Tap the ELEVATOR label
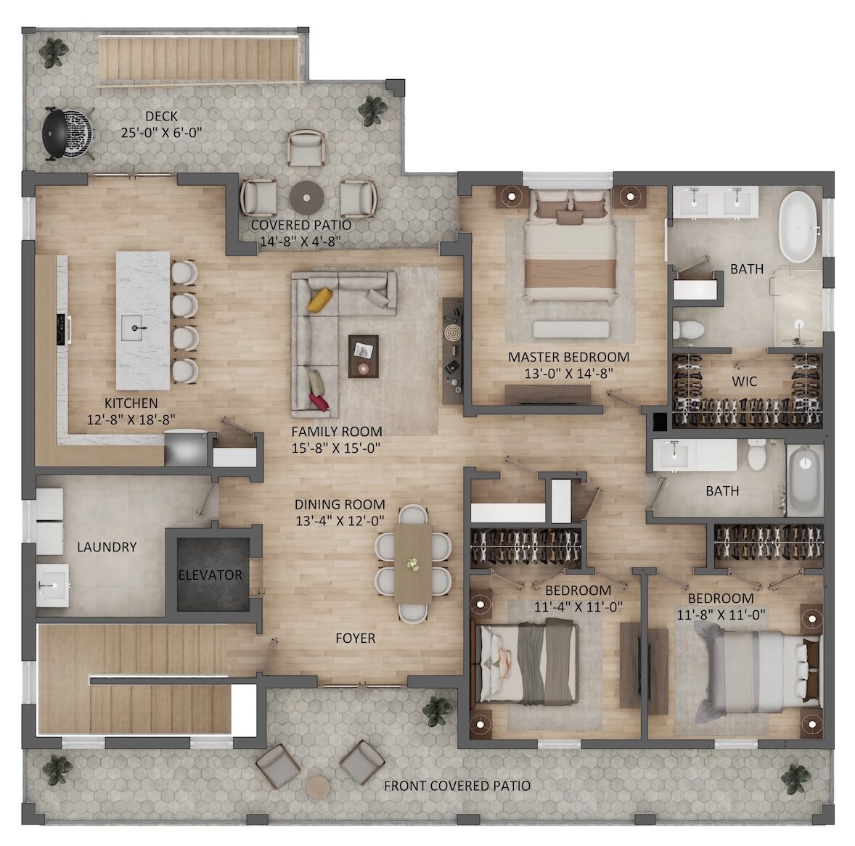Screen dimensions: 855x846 click(x=210, y=575)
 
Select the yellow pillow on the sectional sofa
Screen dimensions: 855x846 click(x=320, y=299)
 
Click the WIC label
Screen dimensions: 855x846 click(x=744, y=381)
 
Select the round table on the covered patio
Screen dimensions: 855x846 click(x=308, y=198)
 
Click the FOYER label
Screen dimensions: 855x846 click(x=356, y=638)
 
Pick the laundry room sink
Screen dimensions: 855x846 click(x=52, y=586)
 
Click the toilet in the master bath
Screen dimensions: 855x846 click(x=688, y=330)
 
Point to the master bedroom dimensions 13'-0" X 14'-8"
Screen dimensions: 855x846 click(x=569, y=374)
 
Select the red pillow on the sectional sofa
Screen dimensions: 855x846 click(x=319, y=402)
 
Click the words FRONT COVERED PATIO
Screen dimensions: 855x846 click(x=457, y=786)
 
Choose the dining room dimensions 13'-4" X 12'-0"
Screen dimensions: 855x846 click(x=340, y=521)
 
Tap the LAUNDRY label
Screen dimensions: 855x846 click(x=107, y=547)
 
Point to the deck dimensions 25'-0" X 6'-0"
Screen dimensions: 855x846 click(x=161, y=133)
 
